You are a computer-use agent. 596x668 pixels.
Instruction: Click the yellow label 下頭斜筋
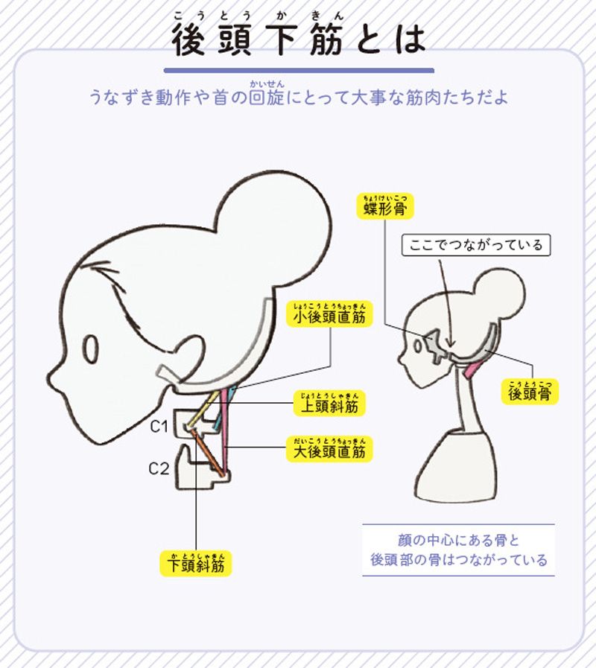point(196,564)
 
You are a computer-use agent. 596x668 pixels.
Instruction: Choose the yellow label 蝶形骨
point(384,208)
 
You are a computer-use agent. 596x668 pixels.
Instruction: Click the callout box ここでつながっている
point(476,244)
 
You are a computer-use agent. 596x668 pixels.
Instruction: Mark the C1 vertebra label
point(159,427)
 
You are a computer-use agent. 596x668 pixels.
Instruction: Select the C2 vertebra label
point(159,469)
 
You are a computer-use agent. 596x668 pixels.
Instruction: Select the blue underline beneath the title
point(298,71)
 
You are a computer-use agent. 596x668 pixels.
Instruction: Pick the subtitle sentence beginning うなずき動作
point(298,97)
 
